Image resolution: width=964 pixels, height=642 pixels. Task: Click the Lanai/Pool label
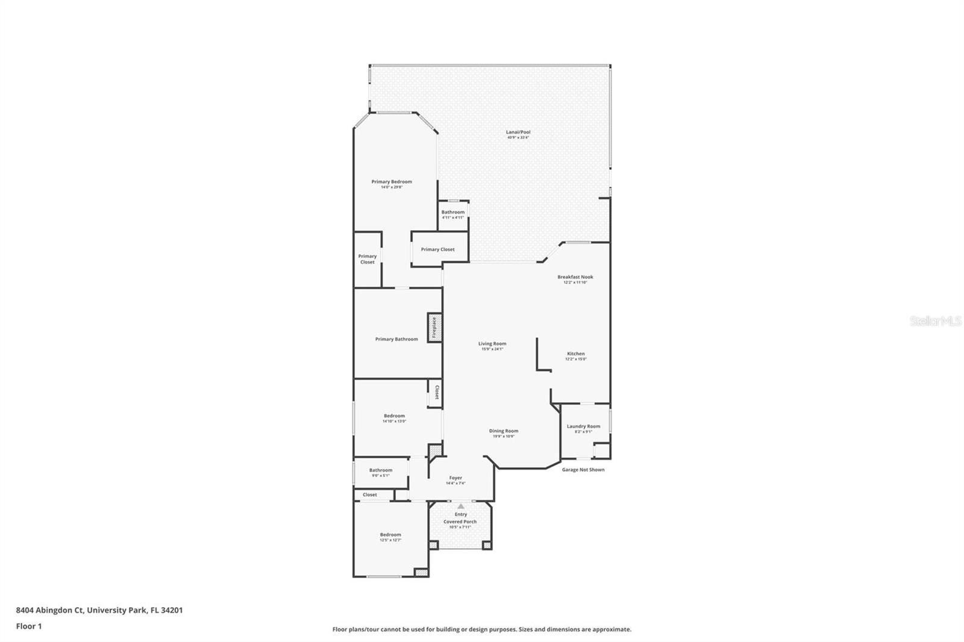(518, 132)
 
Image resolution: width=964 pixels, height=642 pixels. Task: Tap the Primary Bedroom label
(392, 182)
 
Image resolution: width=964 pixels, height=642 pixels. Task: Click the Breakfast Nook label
(575, 277)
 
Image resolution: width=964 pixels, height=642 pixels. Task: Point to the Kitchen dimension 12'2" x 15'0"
(575, 359)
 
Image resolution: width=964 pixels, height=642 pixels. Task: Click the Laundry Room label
(583, 426)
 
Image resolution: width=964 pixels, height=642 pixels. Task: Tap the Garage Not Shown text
(583, 470)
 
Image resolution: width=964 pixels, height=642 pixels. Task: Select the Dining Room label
(503, 431)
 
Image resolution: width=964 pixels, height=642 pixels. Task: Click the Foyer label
(455, 478)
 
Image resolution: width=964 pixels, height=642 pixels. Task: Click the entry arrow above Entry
(461, 506)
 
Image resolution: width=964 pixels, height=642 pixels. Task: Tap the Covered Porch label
(460, 522)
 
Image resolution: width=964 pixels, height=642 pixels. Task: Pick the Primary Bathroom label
(396, 339)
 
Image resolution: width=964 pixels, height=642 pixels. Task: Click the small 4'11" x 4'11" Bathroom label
(452, 212)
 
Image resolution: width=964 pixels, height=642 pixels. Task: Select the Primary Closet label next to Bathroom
(437, 249)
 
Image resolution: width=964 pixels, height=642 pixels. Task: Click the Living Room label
(492, 344)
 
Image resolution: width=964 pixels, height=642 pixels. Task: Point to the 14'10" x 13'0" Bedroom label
(394, 416)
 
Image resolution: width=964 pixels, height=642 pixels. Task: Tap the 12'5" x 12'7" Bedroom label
(390, 535)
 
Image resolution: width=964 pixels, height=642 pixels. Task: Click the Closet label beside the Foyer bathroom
(370, 495)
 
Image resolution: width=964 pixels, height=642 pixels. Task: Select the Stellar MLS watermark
(935, 322)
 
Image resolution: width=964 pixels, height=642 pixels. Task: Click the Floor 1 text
(29, 626)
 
